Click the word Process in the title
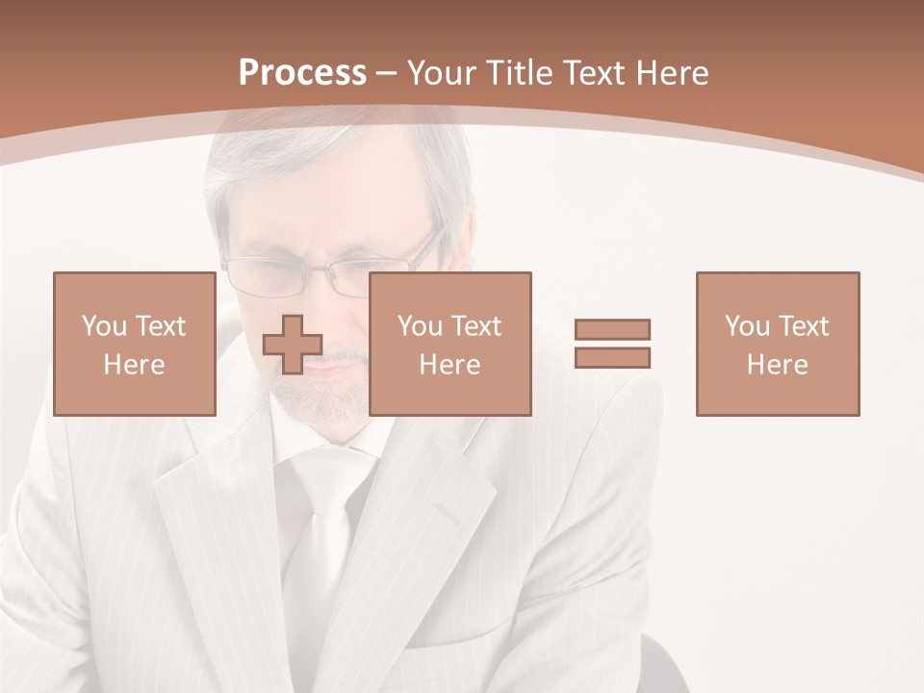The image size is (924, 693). click(x=302, y=72)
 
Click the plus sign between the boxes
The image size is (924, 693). click(x=293, y=344)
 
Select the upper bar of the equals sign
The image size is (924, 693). click(x=612, y=329)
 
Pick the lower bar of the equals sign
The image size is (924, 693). click(x=612, y=357)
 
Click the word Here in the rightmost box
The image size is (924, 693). click(x=777, y=364)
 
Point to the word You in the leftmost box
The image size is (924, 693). click(x=103, y=326)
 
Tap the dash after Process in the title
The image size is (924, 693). click(x=386, y=73)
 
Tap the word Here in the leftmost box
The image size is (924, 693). click(x=134, y=364)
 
